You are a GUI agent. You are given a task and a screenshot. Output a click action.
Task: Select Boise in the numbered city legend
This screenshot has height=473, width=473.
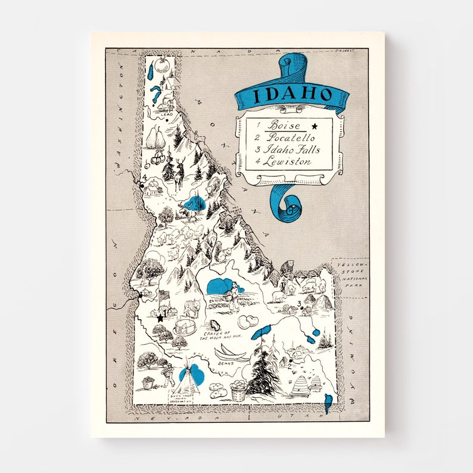(x=284, y=126)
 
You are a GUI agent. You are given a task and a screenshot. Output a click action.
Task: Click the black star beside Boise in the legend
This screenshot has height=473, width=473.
(x=315, y=126)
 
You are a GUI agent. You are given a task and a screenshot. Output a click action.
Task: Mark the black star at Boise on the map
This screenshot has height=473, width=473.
(x=160, y=318)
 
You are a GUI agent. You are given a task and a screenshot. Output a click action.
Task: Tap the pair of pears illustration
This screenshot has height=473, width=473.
(x=156, y=139)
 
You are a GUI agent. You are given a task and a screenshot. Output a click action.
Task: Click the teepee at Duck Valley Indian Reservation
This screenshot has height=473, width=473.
(x=190, y=377)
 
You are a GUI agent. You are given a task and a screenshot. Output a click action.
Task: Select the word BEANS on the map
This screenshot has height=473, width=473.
(x=225, y=362)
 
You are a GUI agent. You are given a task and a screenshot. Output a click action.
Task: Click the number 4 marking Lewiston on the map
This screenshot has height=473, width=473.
(x=144, y=177)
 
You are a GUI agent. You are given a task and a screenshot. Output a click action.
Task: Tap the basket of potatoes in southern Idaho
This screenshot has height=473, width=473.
(x=239, y=391)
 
